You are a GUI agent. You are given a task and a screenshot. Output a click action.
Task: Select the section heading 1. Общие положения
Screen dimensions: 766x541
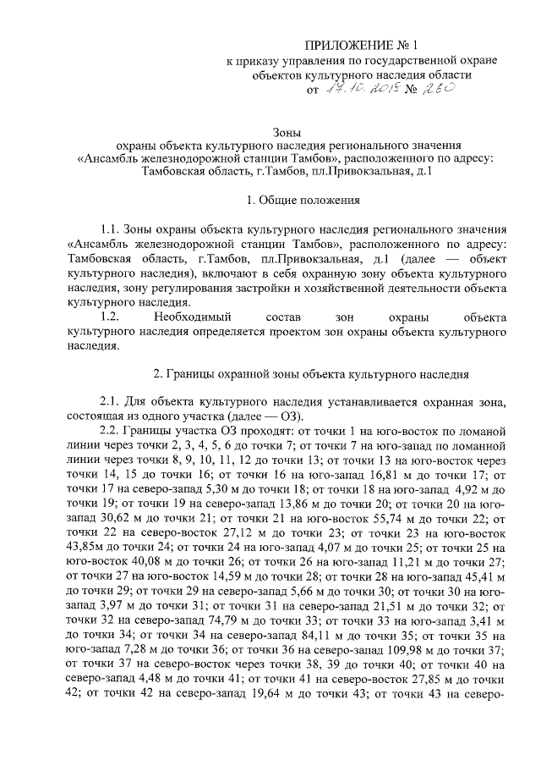(x=303, y=201)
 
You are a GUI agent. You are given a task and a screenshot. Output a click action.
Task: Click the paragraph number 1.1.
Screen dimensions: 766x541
(x=111, y=230)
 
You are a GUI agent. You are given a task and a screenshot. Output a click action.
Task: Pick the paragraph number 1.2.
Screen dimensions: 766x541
(x=111, y=317)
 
